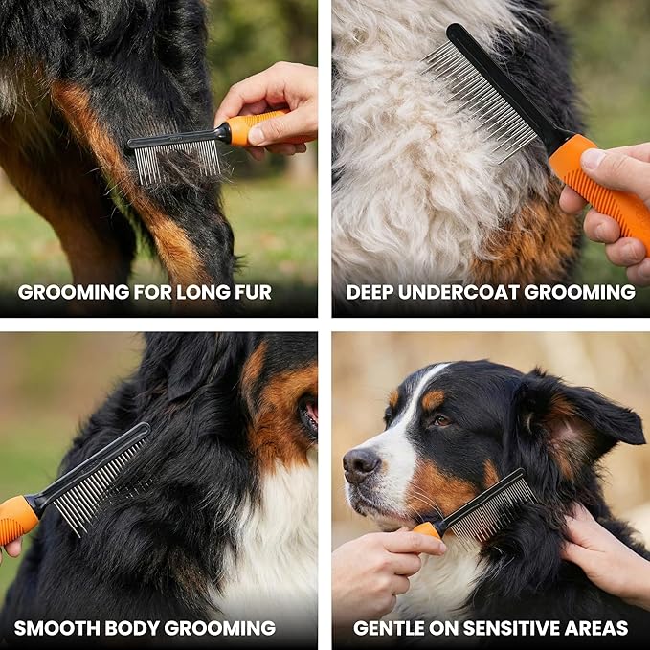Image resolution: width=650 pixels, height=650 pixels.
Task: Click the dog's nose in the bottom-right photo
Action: (x=361, y=465)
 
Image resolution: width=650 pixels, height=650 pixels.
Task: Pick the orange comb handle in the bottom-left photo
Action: (x=17, y=517)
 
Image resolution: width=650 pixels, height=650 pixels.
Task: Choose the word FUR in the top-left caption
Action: (x=251, y=292)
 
